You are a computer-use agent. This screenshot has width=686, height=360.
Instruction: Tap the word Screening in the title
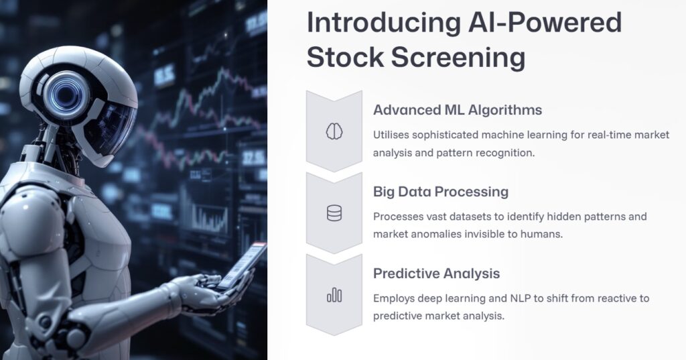tap(459, 58)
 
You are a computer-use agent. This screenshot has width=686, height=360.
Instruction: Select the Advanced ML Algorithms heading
tap(458, 110)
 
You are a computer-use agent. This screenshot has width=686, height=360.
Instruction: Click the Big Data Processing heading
tap(441, 192)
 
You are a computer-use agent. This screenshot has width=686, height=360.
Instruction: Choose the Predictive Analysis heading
tap(437, 274)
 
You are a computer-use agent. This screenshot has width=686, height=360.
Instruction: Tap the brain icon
tap(334, 131)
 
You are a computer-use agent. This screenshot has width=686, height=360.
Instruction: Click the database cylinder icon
tap(334, 213)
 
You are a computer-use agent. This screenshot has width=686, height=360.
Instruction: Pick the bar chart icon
tap(334, 295)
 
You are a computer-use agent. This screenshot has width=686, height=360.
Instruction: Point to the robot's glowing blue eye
tap(66, 96)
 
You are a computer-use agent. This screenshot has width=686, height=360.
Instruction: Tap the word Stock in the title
tap(344, 58)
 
